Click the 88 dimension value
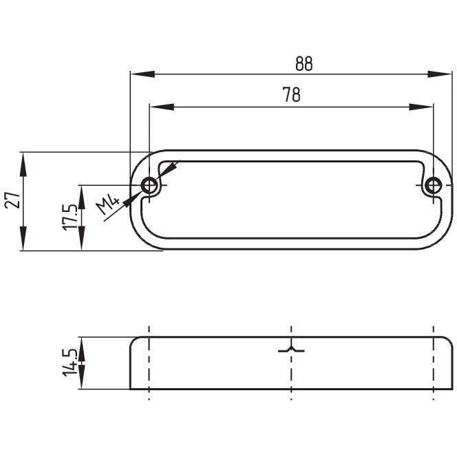[304, 63]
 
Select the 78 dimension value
[291, 96]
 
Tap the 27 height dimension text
[11, 200]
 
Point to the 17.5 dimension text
[70, 217]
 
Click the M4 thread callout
[108, 205]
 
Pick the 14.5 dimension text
[70, 363]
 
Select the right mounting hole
[433, 185]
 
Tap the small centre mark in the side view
[292, 350]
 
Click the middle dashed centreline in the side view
[292, 375]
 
